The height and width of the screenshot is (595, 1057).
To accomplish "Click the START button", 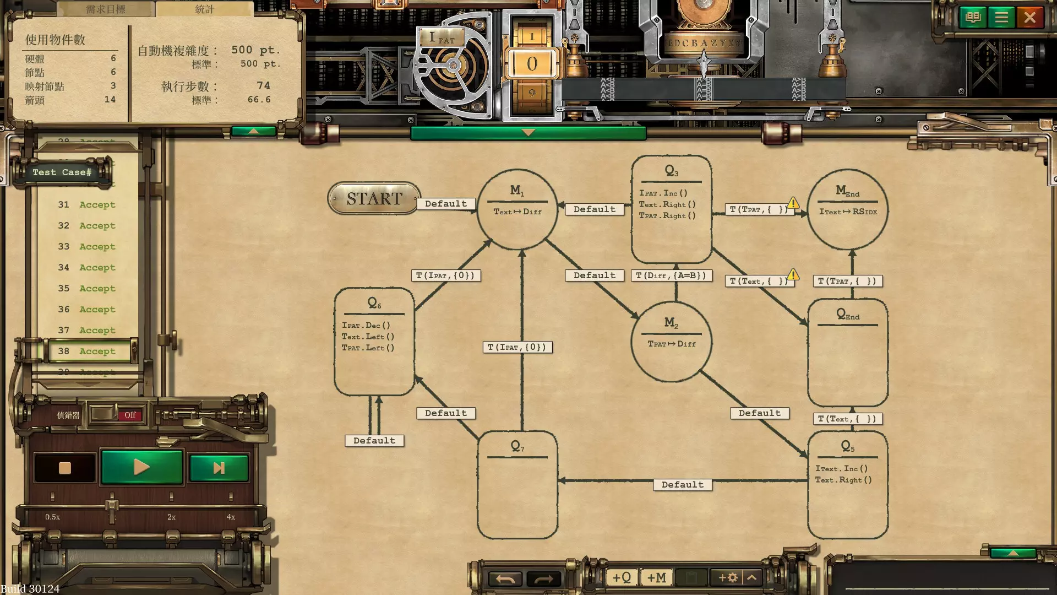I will pyautogui.click(x=374, y=198).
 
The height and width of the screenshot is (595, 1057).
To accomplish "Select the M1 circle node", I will pyautogui.click(x=517, y=209).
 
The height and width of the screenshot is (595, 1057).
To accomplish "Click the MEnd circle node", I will pyautogui.click(x=847, y=209).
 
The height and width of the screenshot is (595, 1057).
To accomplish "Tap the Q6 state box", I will pyautogui.click(x=374, y=342).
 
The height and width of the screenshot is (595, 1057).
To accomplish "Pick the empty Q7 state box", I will pyautogui.click(x=517, y=485).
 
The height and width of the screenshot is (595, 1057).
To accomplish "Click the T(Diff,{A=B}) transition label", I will pyautogui.click(x=671, y=275).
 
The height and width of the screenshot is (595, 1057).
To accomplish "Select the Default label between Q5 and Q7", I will pyautogui.click(x=682, y=485).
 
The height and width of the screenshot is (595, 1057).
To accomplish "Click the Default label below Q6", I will pyautogui.click(x=374, y=441).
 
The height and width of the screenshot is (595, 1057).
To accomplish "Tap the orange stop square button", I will pyautogui.click(x=65, y=468).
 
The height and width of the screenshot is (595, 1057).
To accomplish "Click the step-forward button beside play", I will pyautogui.click(x=219, y=468).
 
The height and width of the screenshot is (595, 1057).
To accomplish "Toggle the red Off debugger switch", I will pyautogui.click(x=130, y=415).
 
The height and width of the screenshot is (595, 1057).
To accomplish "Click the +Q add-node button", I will pyautogui.click(x=622, y=577).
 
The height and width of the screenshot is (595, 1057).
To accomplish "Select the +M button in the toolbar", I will pyautogui.click(x=656, y=577).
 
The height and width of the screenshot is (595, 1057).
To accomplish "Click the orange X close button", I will pyautogui.click(x=1029, y=18).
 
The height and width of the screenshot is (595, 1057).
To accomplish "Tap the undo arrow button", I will pyautogui.click(x=505, y=578).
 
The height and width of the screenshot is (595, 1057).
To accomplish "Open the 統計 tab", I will pyautogui.click(x=204, y=9).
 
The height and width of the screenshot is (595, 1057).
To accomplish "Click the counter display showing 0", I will pyautogui.click(x=532, y=63).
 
